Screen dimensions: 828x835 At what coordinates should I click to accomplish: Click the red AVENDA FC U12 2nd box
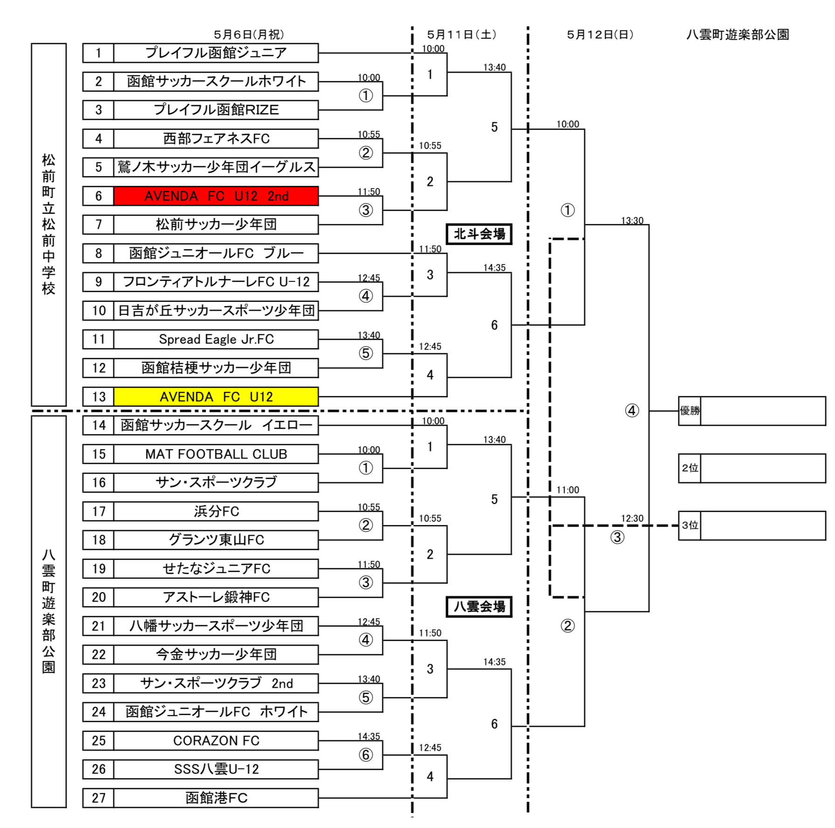pyautogui.click(x=216, y=196)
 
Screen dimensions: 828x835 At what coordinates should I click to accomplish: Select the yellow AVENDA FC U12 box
pyautogui.click(x=216, y=397)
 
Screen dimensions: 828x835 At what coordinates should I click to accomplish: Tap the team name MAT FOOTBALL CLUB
pyautogui.click(x=216, y=454)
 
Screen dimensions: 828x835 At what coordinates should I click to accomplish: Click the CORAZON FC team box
pyautogui.click(x=216, y=740)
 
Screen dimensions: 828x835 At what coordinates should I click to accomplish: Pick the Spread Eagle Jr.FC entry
pyautogui.click(x=216, y=339)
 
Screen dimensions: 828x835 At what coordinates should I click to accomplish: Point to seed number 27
pyautogui.click(x=98, y=798)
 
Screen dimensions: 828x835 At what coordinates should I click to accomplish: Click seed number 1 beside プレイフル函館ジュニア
pyautogui.click(x=98, y=53)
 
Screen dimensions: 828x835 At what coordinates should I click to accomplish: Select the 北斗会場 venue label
pyautogui.click(x=479, y=234)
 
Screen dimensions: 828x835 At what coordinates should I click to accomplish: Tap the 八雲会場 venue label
pyautogui.click(x=479, y=607)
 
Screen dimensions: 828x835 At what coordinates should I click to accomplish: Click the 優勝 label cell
pyautogui.click(x=690, y=411)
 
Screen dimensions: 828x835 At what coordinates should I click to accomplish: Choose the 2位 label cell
pyautogui.click(x=690, y=468)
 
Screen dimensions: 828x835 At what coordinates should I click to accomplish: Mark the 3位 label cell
pyautogui.click(x=690, y=525)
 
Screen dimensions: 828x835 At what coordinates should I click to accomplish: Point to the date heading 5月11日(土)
pyautogui.click(x=462, y=34)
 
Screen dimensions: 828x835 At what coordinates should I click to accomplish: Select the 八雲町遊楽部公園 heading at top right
pyautogui.click(x=738, y=34)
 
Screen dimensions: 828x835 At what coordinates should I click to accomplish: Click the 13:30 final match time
pyautogui.click(x=632, y=220)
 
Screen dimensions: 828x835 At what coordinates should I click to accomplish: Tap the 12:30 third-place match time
pyautogui.click(x=632, y=518)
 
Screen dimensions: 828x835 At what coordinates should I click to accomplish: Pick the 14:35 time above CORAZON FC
pyautogui.click(x=369, y=736)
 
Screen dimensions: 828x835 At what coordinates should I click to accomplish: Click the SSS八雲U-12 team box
pyautogui.click(x=216, y=769)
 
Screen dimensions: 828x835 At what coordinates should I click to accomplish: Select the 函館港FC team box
pyautogui.click(x=216, y=798)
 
